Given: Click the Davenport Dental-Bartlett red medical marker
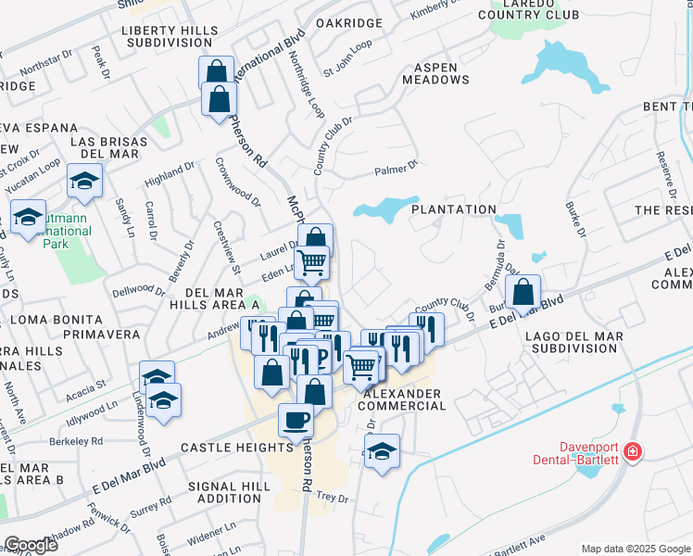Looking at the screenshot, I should (x=633, y=452).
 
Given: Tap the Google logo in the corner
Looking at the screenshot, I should (x=31, y=545).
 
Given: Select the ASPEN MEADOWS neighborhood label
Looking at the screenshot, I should (x=435, y=74).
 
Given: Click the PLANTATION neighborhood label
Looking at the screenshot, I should (x=454, y=210).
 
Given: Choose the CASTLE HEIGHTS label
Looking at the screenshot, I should (x=225, y=447).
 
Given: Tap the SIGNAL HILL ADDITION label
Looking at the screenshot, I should (x=229, y=492).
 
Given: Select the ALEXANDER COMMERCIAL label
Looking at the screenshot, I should (x=399, y=400).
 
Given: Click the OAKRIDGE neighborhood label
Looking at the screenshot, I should (x=348, y=23).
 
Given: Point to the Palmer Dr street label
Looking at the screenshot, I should (x=397, y=170).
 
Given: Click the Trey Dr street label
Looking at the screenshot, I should (x=331, y=498).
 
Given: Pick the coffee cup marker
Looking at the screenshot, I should (x=296, y=420).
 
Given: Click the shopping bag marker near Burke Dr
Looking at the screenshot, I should (x=523, y=291).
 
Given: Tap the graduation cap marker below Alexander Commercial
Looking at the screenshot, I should (x=382, y=451).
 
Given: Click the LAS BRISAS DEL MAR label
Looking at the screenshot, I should (x=108, y=147).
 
